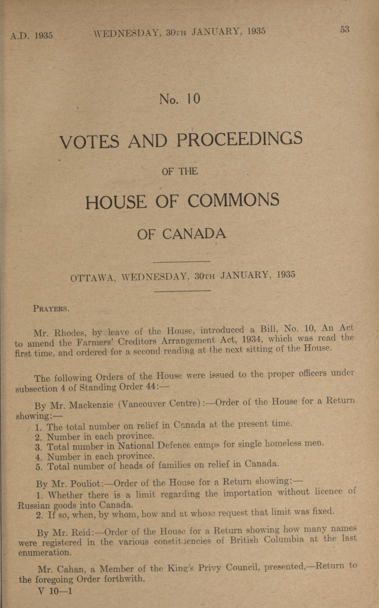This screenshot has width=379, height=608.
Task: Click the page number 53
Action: pos(344,30)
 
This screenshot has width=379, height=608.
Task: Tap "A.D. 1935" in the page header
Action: pos(31,35)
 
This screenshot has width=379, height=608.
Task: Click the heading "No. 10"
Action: pos(180,99)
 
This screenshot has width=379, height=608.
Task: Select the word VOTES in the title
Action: pos(89,142)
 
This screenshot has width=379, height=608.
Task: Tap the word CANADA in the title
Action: pos(194,234)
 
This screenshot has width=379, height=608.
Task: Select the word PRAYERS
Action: pos(51,309)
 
